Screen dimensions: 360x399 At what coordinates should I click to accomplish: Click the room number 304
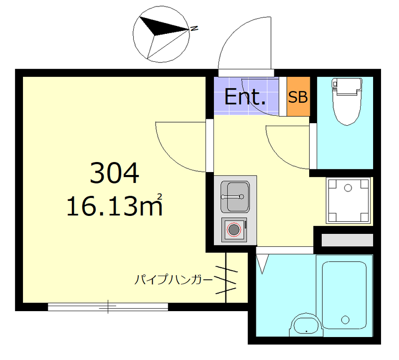114,173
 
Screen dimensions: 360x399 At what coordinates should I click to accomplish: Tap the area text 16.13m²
114,204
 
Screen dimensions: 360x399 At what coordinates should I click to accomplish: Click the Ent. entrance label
244,97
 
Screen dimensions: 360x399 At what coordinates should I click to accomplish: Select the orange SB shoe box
298,97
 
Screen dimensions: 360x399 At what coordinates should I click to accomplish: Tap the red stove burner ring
233,230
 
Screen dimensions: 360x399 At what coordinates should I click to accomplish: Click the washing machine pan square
348,200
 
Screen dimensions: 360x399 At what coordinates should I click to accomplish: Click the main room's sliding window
108,306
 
